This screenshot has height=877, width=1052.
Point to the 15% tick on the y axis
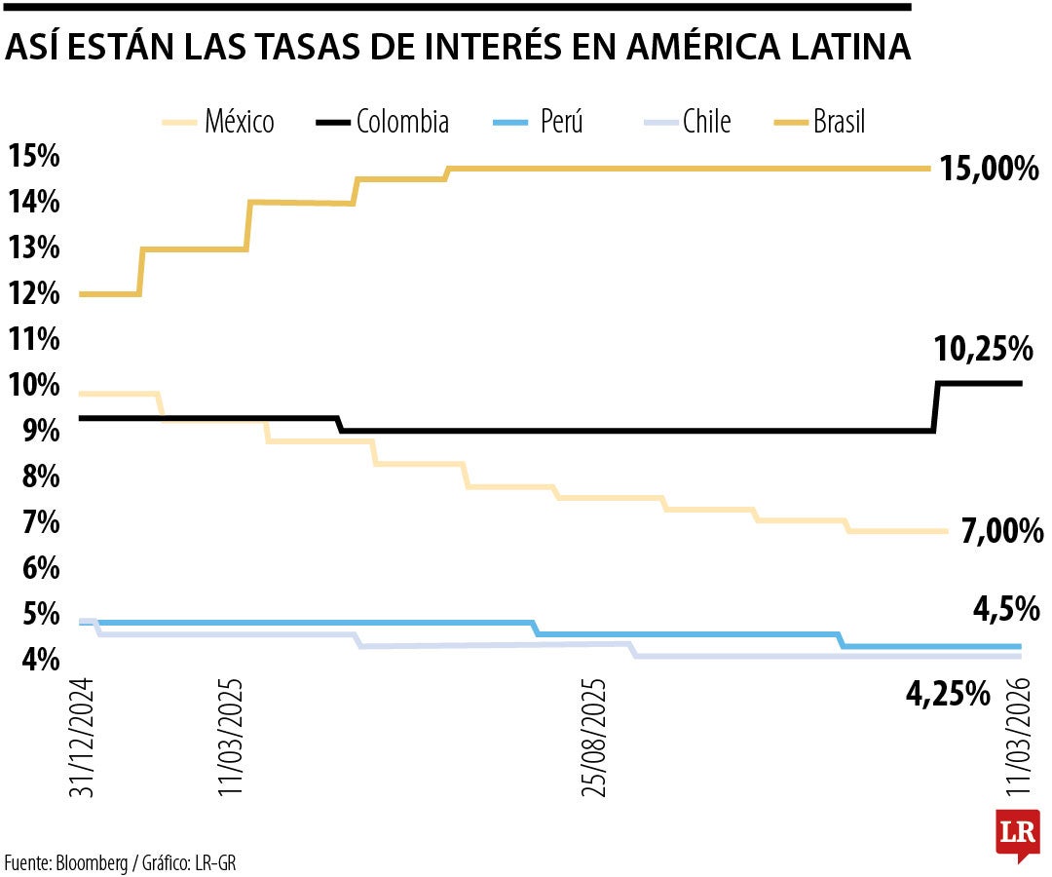34,156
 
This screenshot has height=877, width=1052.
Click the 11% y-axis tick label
34,339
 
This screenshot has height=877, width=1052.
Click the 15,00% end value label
991,170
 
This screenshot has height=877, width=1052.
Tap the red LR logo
1016,834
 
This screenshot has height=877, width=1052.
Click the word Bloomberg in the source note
92,862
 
